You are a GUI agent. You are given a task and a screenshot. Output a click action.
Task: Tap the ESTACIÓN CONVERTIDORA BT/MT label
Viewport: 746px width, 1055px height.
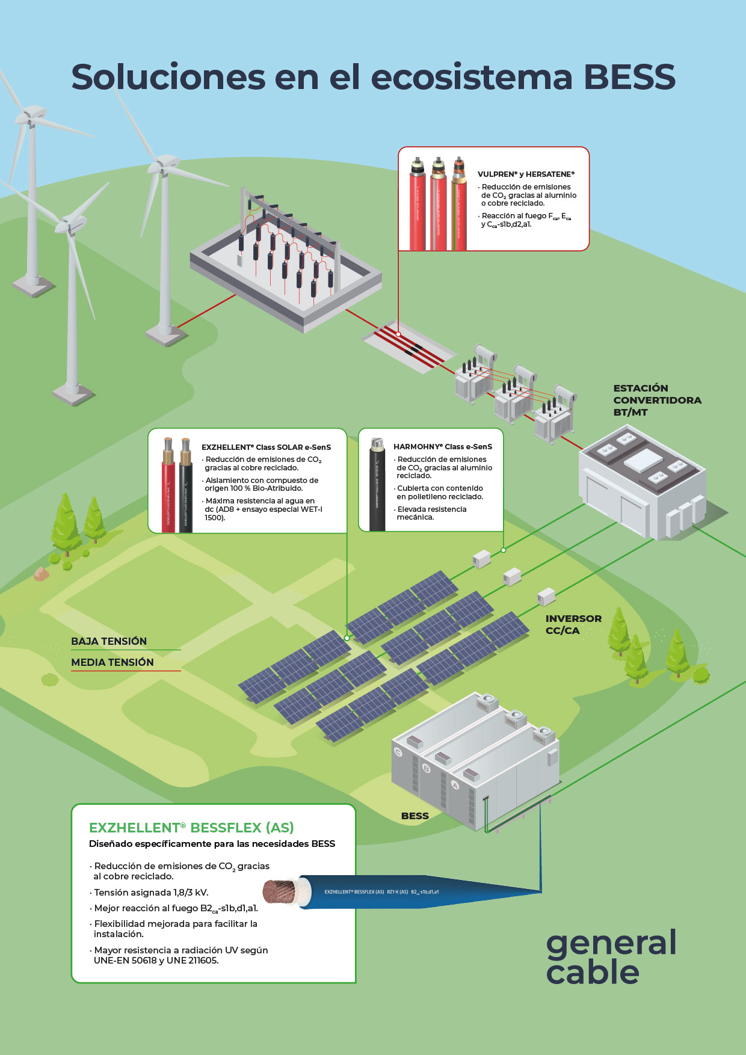656,400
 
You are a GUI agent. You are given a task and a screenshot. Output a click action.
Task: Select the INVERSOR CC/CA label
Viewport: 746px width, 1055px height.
573,624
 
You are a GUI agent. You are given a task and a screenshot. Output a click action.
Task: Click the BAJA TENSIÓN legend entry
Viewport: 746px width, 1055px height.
109,641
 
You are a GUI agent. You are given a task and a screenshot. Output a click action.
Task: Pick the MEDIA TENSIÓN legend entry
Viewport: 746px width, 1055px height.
113,662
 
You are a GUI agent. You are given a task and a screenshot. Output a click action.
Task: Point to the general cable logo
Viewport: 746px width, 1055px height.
610,958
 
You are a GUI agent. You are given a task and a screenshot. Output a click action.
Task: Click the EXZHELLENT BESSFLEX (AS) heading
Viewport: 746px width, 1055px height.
191,828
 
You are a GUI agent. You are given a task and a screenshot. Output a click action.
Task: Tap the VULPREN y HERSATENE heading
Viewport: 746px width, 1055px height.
526,174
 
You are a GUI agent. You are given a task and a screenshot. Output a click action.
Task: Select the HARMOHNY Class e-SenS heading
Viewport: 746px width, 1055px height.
443,447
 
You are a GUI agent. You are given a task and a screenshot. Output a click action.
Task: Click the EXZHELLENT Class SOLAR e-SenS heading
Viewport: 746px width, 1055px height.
266,448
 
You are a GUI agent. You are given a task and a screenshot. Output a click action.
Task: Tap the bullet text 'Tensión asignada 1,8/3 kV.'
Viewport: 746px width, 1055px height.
151,893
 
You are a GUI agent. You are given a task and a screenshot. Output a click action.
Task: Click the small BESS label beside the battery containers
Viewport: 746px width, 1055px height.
415,816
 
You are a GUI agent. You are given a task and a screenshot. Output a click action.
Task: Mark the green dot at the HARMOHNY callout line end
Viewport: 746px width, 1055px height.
504,550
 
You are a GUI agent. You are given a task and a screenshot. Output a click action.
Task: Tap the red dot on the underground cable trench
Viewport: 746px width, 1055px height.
398,333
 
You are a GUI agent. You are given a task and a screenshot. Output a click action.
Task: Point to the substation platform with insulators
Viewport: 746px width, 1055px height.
286,268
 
